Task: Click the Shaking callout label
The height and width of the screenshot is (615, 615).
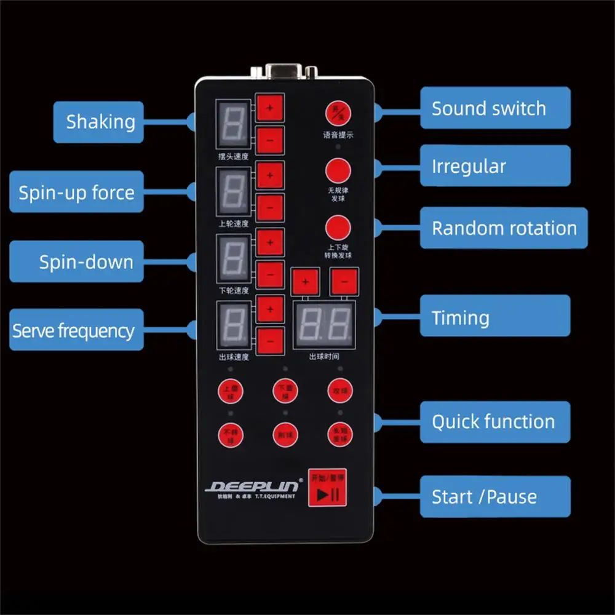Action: pos(98,122)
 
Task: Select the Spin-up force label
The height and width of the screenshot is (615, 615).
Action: pos(76,192)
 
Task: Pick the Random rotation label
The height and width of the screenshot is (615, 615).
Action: pos(504,228)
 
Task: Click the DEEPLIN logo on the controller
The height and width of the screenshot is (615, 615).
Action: pos(253,486)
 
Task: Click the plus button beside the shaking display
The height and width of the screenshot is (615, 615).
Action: pos(270,107)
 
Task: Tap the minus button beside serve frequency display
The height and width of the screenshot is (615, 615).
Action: pos(270,340)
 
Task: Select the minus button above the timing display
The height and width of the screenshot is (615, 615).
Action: pos(343,283)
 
